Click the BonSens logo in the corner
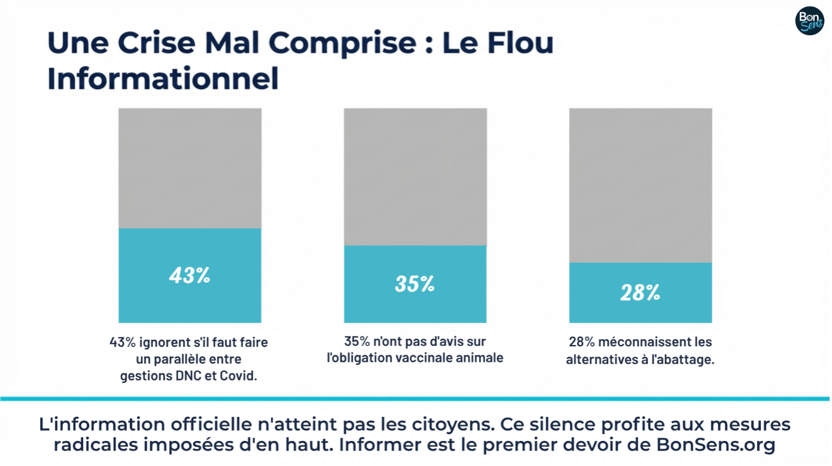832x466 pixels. (x=809, y=21)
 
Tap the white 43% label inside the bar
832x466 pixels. (x=190, y=275)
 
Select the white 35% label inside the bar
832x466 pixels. (x=415, y=284)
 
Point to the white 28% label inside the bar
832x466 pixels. (x=640, y=293)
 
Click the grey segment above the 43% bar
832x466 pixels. (x=190, y=168)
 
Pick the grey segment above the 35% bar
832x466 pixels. (x=415, y=176)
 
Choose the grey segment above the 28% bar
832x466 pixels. (x=640, y=185)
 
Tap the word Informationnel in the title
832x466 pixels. (x=163, y=80)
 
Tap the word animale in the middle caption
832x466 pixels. (x=481, y=358)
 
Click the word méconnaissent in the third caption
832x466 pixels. (x=639, y=342)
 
